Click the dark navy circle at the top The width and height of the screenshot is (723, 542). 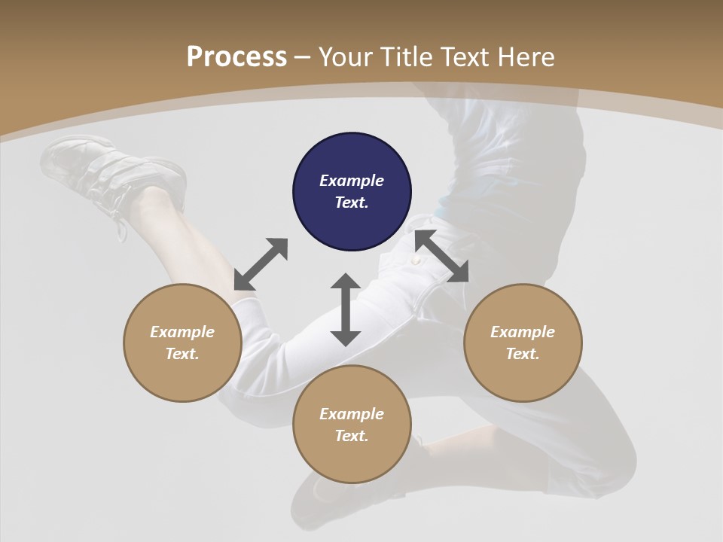click(x=352, y=191)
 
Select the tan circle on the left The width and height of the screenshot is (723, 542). click(x=182, y=343)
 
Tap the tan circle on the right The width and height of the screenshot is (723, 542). click(x=523, y=343)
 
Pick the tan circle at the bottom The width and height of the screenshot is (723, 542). click(x=352, y=424)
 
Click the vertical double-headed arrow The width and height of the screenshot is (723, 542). click(x=346, y=309)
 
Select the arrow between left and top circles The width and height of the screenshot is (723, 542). click(x=261, y=264)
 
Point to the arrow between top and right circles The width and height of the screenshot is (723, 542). click(x=441, y=256)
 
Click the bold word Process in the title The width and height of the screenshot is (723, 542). click(x=236, y=56)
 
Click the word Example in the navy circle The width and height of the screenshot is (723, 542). click(x=352, y=181)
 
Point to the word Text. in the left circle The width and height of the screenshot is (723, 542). click(x=182, y=354)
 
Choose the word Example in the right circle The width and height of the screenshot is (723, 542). click(x=523, y=332)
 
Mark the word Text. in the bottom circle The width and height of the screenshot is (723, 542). click(x=352, y=436)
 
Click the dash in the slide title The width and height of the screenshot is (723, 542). click(x=303, y=57)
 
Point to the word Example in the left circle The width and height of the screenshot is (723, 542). click(x=182, y=332)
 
